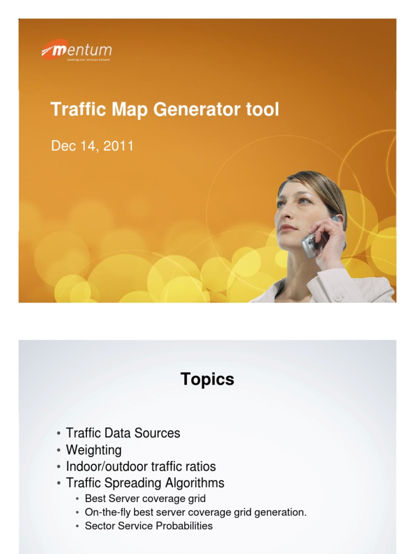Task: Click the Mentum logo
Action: click(x=77, y=51)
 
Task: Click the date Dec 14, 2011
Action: click(x=92, y=146)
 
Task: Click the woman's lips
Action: click(x=287, y=228)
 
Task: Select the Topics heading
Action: click(x=207, y=379)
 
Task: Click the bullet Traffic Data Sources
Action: click(x=123, y=433)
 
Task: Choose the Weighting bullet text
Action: click(x=93, y=450)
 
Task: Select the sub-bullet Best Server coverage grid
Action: click(x=145, y=498)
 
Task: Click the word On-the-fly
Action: click(x=106, y=512)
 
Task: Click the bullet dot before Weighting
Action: click(x=58, y=450)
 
